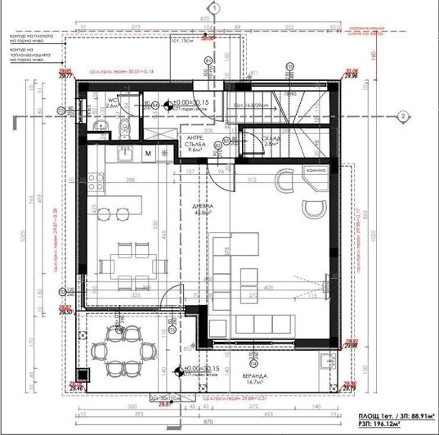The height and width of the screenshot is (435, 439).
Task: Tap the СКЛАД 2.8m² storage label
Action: click(248, 141)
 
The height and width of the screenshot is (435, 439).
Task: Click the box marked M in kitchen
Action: click(149, 153)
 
